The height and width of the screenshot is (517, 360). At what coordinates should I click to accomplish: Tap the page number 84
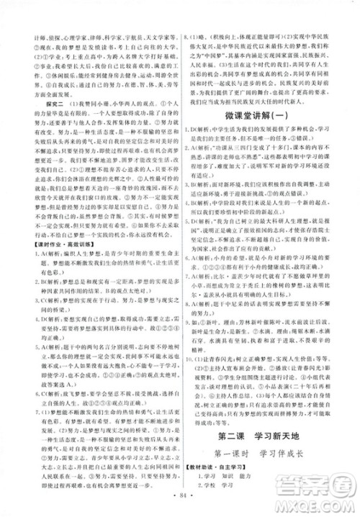click(x=180, y=505)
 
